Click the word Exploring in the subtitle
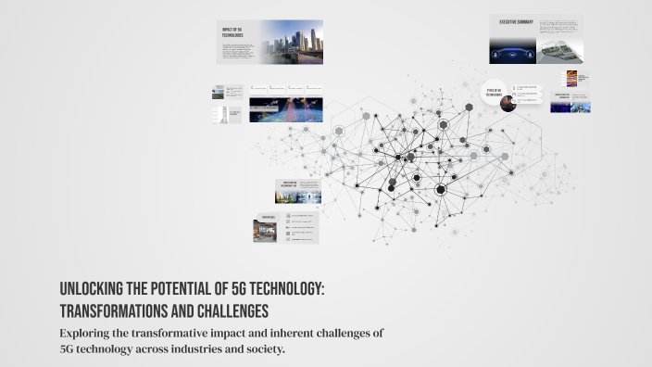click(x=88, y=332)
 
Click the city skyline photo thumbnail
click(x=291, y=42)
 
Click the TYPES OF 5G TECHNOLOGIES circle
click(x=494, y=92)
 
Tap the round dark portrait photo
click(x=508, y=104)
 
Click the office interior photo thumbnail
click(x=266, y=231)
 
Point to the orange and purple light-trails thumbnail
click(x=572, y=79)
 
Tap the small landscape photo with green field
click(x=219, y=92)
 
